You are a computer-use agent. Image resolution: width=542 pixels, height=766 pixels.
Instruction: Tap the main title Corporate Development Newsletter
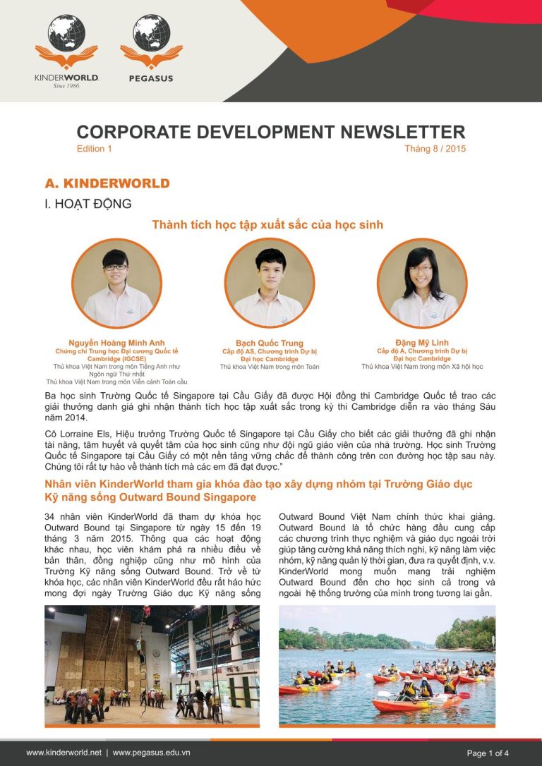pyautogui.click(x=271, y=132)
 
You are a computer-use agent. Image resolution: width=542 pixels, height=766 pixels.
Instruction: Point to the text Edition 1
pyautogui.click(x=95, y=149)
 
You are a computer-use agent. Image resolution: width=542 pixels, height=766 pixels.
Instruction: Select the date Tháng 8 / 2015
pyautogui.click(x=435, y=149)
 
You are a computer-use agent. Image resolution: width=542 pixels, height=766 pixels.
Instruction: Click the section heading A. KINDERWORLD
pyautogui.click(x=107, y=183)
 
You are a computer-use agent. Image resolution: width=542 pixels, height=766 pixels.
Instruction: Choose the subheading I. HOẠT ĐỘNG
pyautogui.click(x=88, y=205)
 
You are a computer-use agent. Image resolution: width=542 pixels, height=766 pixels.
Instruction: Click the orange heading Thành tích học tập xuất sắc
pyautogui.click(x=267, y=225)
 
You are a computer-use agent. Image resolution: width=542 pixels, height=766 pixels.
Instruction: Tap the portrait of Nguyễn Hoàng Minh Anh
pyautogui.click(x=116, y=283)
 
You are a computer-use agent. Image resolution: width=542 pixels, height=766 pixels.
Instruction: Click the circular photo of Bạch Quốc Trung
pyautogui.click(x=269, y=283)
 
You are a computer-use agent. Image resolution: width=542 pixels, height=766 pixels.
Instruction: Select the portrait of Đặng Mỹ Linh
pyautogui.click(x=422, y=283)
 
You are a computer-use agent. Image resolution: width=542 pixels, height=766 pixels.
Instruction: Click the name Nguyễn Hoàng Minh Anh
pyautogui.click(x=116, y=343)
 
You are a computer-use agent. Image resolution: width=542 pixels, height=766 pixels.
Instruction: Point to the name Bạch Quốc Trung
pyautogui.click(x=269, y=344)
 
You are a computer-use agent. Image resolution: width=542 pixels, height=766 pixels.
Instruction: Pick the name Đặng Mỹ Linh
pyautogui.click(x=422, y=343)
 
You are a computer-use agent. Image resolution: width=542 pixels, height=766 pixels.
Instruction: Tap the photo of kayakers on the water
pyautogui.click(x=387, y=665)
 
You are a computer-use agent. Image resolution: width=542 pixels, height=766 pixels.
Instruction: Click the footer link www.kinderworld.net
pyautogui.click(x=64, y=753)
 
